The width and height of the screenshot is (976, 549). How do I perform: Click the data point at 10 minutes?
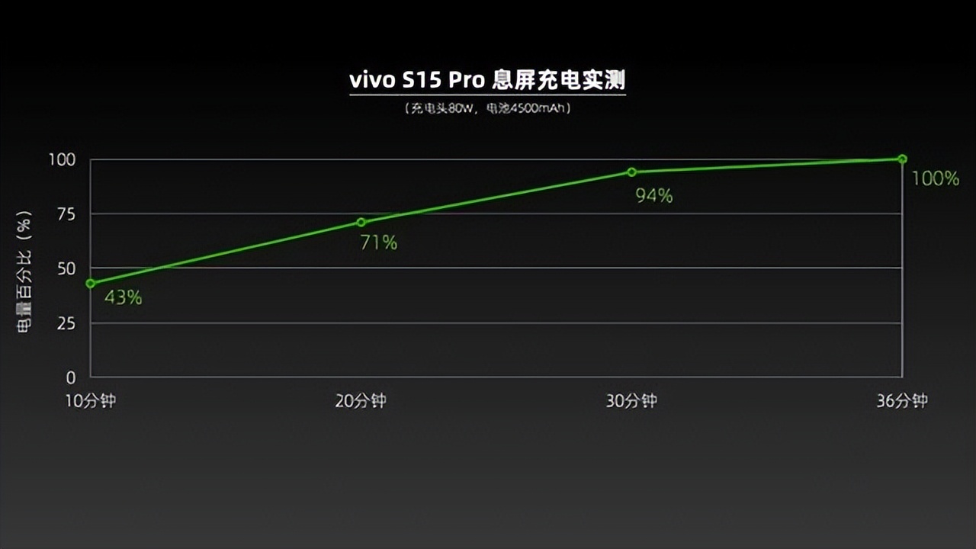[x=91, y=284]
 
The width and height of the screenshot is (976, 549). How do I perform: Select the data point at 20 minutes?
[x=361, y=223]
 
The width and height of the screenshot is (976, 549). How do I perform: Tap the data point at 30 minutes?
[x=632, y=172]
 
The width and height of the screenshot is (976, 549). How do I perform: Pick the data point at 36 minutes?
[x=902, y=159]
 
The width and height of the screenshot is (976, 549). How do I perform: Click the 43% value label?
[x=124, y=297]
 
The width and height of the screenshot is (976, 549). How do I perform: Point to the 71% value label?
[x=379, y=243]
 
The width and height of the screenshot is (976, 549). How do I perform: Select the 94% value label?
[x=654, y=197]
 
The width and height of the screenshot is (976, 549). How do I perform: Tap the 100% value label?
[x=936, y=179]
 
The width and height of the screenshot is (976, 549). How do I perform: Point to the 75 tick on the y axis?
[x=68, y=214]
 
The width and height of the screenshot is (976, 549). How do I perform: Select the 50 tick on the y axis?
[x=68, y=268]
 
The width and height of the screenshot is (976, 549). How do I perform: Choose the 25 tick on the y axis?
[x=68, y=323]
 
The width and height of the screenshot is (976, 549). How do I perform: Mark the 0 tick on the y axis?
[x=72, y=377]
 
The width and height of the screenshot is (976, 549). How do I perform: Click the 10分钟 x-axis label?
[x=90, y=401]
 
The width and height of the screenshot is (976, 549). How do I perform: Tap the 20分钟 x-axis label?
[x=361, y=401]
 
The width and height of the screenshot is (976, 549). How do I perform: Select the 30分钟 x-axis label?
[x=631, y=401]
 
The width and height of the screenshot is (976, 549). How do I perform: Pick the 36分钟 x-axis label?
[x=902, y=401]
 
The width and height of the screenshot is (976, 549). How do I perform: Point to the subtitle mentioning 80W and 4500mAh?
[x=488, y=108]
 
